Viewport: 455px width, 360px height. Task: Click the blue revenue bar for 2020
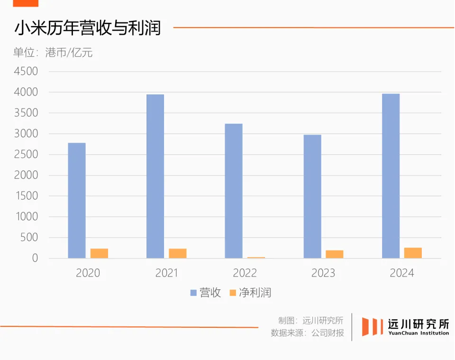pos(77,201)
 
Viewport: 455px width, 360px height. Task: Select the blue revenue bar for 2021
pos(155,176)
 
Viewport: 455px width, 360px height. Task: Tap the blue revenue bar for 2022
pos(234,191)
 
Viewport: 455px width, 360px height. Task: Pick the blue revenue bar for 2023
pos(312,197)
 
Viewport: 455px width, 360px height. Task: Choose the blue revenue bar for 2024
pos(391,176)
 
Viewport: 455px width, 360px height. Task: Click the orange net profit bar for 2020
pos(99,253)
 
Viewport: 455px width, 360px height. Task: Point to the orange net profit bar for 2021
pos(178,253)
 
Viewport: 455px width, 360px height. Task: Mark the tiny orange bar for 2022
pos(256,258)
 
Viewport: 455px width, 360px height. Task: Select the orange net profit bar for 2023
pos(335,254)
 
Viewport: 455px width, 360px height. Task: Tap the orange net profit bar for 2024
pos(413,253)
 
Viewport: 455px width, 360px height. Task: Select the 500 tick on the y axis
pos(29,238)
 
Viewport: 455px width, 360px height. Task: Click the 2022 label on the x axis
pos(245,273)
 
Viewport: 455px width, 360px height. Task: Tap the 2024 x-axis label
pos(401,273)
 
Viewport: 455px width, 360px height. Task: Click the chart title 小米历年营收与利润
pos(87,28)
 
